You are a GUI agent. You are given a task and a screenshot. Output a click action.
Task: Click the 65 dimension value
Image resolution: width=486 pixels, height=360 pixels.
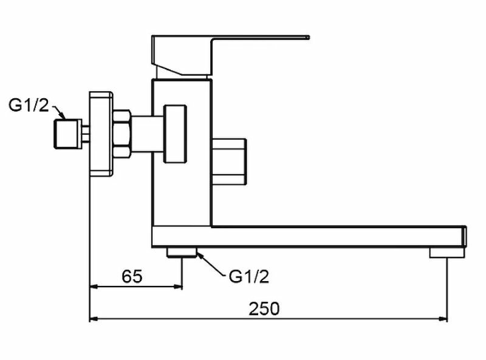(132, 277)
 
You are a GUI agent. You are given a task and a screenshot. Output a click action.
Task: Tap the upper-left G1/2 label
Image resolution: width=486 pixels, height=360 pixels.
(28, 105)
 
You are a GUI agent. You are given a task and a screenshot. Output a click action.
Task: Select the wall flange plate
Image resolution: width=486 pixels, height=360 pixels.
(101, 134)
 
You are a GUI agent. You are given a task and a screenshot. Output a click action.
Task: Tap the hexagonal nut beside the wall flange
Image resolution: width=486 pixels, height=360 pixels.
(122, 134)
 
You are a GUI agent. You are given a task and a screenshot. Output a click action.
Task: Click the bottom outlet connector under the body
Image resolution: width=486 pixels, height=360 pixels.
(182, 252)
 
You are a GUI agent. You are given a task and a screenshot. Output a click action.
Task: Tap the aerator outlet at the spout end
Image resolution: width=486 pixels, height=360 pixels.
(439, 252)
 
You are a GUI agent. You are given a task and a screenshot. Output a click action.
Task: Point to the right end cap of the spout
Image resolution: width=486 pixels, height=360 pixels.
(464, 236)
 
